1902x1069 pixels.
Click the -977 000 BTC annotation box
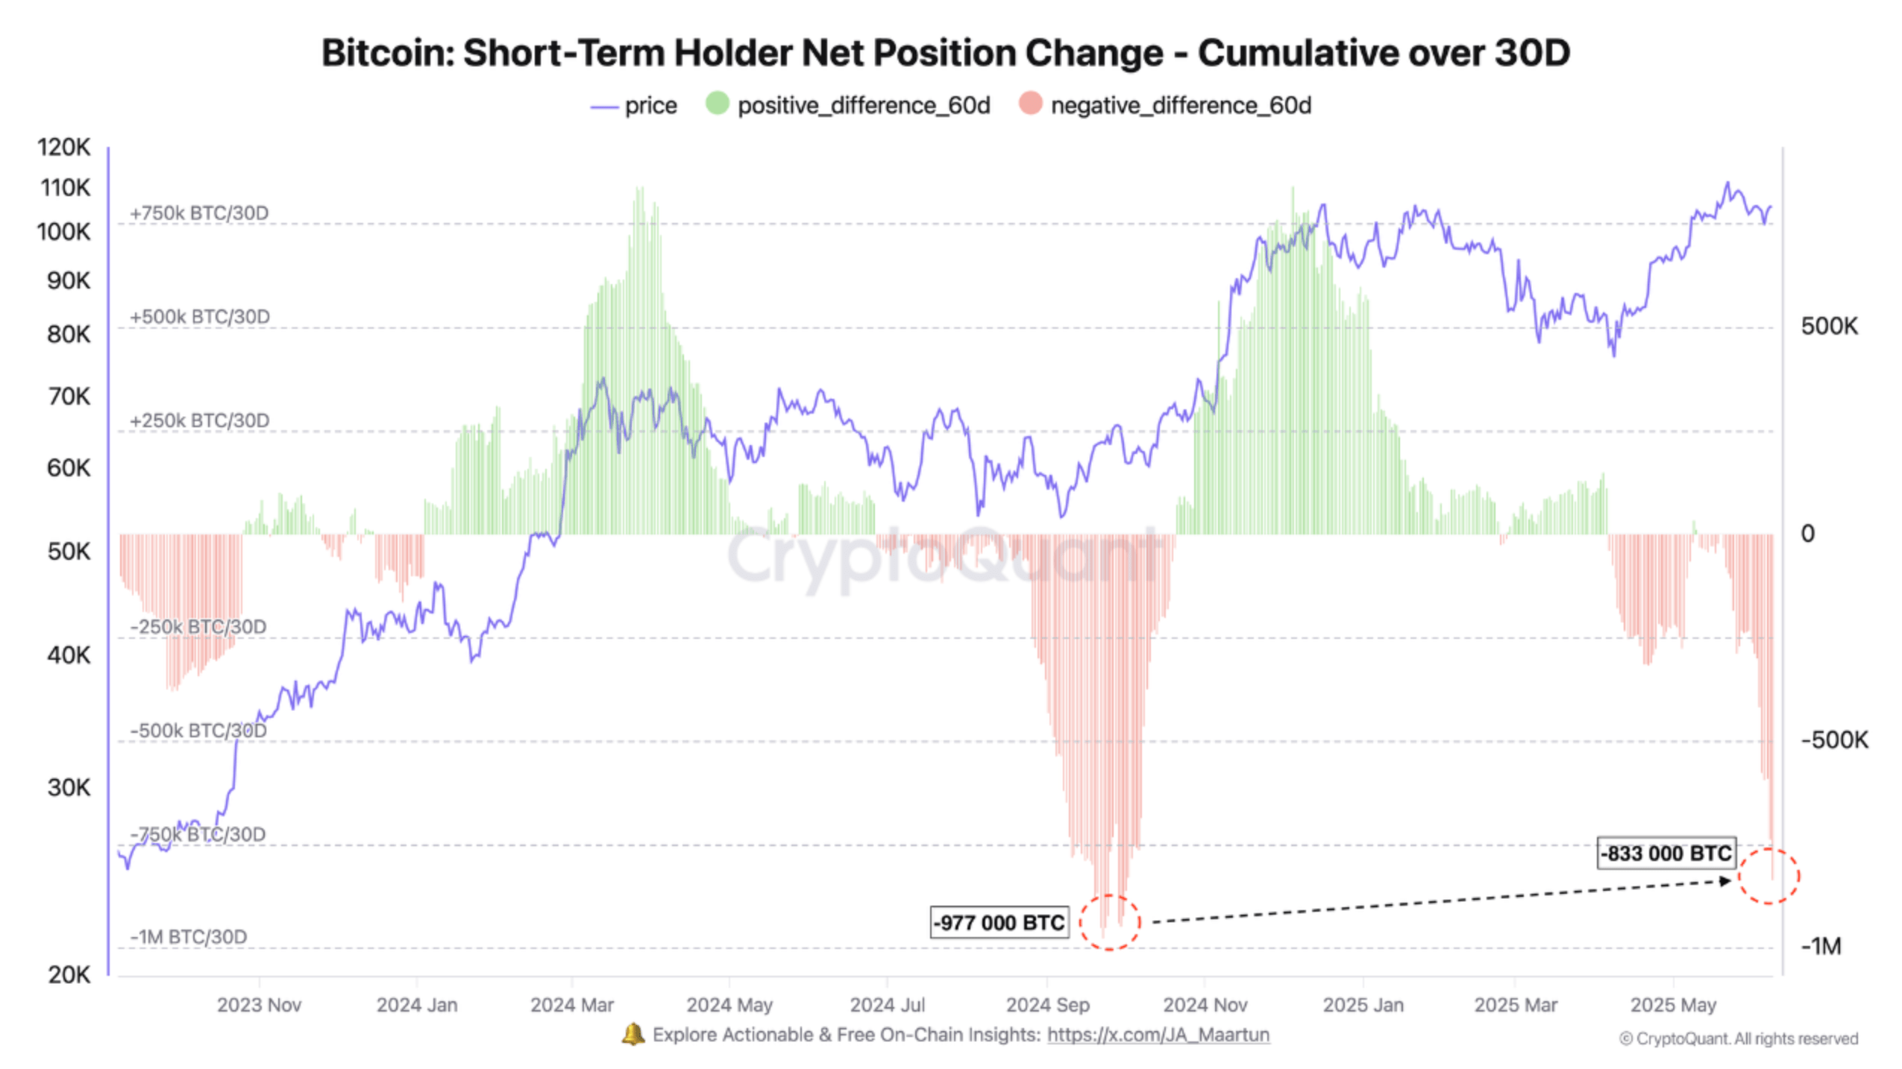tap(998, 922)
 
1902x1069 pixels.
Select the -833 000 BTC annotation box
tap(1666, 853)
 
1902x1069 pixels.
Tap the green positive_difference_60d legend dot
tap(716, 104)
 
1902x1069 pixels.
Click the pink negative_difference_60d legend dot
tap(1029, 104)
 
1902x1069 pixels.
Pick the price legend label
tap(650, 106)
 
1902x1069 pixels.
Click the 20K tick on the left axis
tap(69, 974)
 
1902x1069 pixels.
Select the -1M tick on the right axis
tap(1820, 946)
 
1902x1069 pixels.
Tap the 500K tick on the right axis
tap(1828, 326)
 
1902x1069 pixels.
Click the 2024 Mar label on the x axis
tap(571, 1004)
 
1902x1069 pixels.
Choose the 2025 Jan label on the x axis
tap(1363, 1004)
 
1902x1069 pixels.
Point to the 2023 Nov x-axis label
tap(259, 1004)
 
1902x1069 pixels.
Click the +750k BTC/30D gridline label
tap(199, 213)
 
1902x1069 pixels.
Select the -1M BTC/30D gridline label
tap(189, 936)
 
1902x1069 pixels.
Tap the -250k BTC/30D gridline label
tap(198, 626)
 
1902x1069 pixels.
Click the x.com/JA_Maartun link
tap(1158, 1034)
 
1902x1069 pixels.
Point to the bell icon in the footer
tap(633, 1034)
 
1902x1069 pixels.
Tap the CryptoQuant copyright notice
tap(1738, 1038)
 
